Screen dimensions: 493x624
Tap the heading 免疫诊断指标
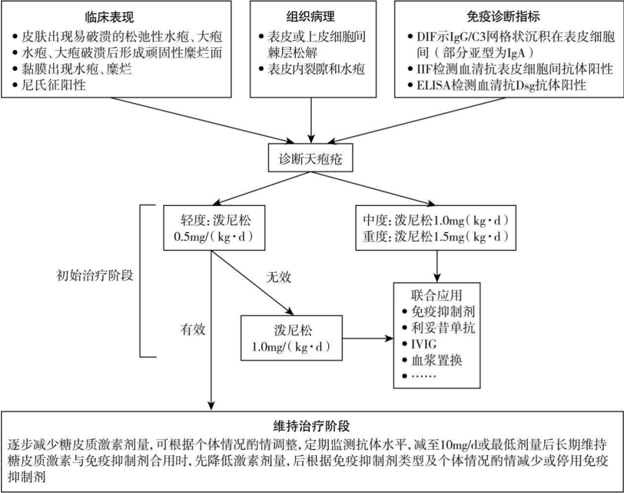point(503,16)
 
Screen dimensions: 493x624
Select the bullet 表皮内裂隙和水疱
point(316,69)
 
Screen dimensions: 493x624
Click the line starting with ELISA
point(497,86)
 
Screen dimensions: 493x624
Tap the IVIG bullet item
point(425,344)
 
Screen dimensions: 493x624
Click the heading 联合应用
point(436,295)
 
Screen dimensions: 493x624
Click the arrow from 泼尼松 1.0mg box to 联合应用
point(365,339)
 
